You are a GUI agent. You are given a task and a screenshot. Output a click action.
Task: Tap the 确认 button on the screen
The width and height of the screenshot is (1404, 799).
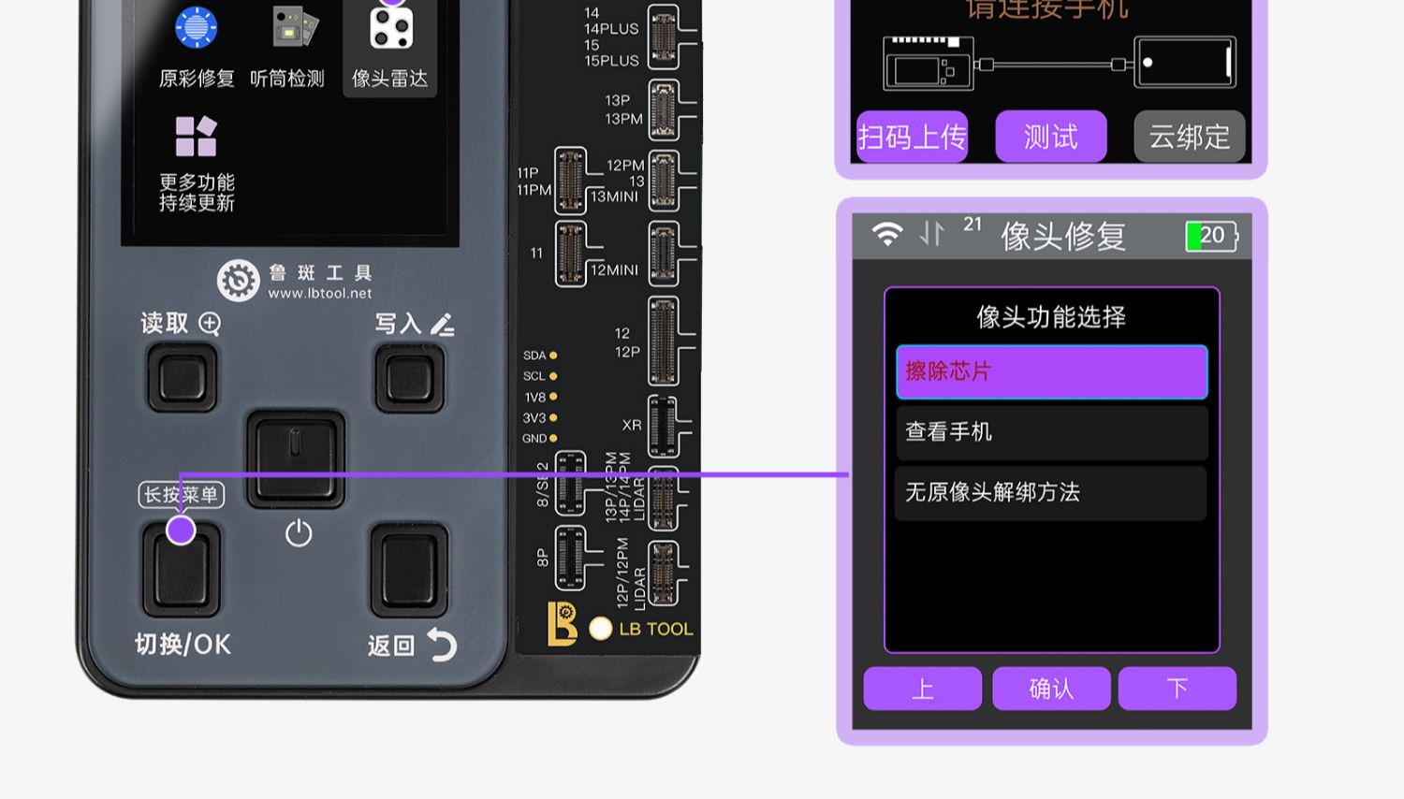pos(1051,689)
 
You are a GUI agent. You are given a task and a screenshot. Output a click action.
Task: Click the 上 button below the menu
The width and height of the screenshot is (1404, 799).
pos(922,689)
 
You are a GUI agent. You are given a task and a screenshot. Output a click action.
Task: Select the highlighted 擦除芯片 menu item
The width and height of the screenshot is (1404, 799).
pos(1051,371)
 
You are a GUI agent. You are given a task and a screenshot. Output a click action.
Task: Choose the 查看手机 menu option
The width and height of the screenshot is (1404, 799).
pos(1051,431)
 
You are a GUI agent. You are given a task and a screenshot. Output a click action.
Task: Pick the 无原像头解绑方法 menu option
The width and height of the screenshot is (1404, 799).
pos(1051,492)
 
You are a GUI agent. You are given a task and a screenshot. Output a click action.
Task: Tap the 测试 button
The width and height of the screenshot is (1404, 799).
pos(1050,137)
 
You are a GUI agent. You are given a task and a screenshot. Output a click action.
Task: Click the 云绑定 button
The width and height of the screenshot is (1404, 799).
pos(1189,137)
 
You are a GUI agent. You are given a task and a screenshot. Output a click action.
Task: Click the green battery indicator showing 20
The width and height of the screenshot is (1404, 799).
pos(1211,236)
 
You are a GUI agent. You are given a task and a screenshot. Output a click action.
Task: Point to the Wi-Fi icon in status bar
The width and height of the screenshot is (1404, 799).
pos(886,233)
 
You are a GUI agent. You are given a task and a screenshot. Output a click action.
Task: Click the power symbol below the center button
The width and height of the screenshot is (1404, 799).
pos(299,533)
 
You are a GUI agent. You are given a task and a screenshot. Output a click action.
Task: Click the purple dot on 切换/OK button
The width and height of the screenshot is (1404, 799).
pos(181,530)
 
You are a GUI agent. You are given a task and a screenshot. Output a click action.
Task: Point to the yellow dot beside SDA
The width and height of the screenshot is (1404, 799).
pos(553,356)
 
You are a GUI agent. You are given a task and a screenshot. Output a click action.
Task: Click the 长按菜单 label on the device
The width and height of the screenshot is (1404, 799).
pos(182,494)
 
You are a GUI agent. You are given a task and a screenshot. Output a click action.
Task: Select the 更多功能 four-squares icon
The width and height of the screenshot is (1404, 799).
pos(197,137)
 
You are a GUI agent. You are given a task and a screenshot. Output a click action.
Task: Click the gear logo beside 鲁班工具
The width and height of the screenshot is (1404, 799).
pos(238,281)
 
